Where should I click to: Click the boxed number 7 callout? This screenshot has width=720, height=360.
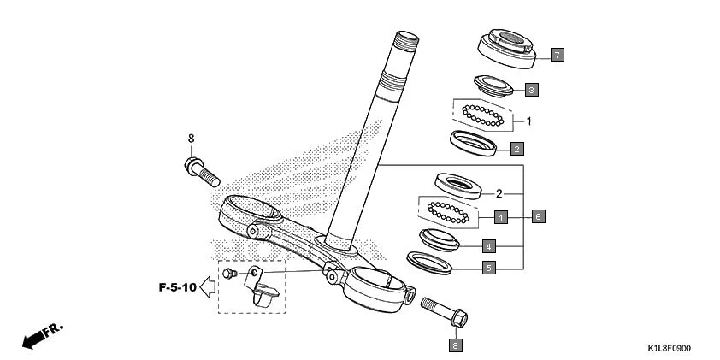(x=556, y=56)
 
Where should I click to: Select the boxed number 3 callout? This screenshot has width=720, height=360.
(x=530, y=89)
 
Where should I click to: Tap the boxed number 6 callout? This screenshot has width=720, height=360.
(x=538, y=216)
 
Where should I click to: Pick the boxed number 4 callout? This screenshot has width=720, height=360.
(x=488, y=245)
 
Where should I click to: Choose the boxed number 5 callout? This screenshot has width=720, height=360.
(x=488, y=268)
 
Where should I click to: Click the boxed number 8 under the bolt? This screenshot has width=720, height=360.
(x=455, y=345)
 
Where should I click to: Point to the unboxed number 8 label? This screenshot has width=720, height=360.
(x=191, y=138)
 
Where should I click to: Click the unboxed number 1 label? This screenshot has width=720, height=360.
(x=529, y=121)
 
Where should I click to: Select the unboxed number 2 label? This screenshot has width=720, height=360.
(x=498, y=193)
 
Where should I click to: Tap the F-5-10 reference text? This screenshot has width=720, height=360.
(x=177, y=286)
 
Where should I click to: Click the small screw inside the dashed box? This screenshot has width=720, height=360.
(x=228, y=274)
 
